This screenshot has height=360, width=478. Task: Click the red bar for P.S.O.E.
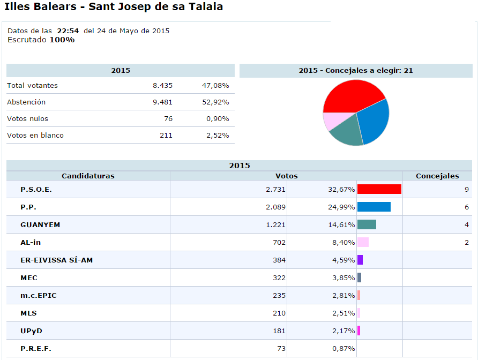379,189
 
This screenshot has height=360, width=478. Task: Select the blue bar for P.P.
374,207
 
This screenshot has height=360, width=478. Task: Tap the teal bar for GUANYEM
367,224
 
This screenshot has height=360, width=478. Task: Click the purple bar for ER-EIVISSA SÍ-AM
360,260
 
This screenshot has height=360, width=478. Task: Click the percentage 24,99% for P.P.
341,207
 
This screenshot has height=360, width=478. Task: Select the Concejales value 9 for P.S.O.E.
466,189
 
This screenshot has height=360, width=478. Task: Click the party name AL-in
31,242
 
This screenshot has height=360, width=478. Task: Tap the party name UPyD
31,331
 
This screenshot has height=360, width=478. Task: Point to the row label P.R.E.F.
36,348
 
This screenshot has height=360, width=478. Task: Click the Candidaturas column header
88,176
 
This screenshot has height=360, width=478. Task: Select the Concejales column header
437,176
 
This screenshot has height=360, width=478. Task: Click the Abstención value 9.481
162,102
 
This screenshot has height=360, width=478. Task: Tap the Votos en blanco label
35,135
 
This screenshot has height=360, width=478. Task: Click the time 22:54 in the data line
68,31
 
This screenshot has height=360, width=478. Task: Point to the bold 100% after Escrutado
62,40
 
